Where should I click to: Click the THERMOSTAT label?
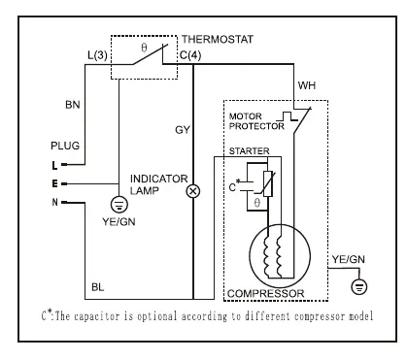click(218, 39)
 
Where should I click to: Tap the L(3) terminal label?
click(97, 55)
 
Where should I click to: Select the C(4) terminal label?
click(190, 55)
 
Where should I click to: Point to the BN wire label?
click(73, 105)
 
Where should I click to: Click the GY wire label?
click(183, 130)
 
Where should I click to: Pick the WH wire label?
click(307, 85)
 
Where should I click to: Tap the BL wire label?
click(98, 287)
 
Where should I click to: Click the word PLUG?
click(65, 146)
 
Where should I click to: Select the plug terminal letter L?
click(54, 165)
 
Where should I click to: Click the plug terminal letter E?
click(54, 183)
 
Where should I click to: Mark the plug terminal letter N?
click(54, 202)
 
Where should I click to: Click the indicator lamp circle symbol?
click(193, 191)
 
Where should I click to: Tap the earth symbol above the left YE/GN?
click(119, 205)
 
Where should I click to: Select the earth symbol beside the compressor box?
click(359, 286)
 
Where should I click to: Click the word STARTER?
click(249, 150)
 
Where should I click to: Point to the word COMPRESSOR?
click(265, 293)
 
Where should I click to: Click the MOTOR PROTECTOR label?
click(256, 121)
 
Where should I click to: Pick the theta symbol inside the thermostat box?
click(144, 48)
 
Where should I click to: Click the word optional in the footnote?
click(157, 316)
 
